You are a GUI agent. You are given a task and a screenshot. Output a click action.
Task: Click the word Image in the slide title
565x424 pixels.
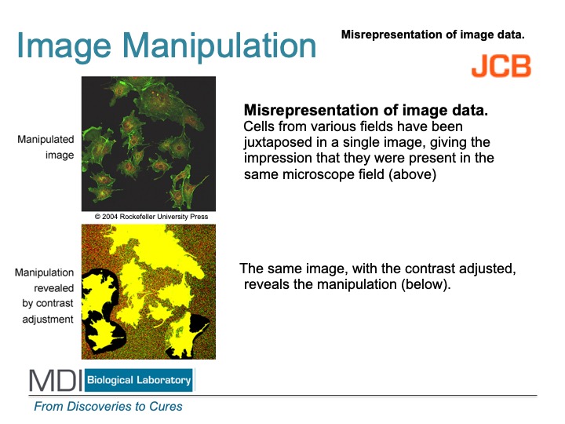(64, 47)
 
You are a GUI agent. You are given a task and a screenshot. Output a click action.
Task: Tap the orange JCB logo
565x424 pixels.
(501, 66)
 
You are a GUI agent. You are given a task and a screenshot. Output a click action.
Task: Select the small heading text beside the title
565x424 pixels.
(432, 35)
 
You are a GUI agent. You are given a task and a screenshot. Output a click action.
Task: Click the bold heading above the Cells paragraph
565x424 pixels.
(366, 110)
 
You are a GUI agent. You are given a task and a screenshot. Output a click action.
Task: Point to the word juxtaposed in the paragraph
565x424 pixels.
(278, 142)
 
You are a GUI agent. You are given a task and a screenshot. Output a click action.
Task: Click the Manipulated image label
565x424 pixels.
(46, 147)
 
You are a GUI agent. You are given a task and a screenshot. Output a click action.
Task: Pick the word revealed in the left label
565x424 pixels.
(53, 288)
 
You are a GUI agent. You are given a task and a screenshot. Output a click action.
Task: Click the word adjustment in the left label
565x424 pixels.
(48, 320)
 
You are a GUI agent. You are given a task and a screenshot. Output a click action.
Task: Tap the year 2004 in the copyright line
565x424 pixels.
(110, 217)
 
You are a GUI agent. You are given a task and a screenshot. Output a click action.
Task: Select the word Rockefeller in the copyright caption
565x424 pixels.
(137, 217)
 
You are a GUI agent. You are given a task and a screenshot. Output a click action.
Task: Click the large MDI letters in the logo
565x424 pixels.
(56, 380)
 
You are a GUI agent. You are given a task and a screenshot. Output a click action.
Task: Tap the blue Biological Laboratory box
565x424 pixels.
(139, 380)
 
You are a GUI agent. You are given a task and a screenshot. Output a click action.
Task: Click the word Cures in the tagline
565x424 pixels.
(166, 407)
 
